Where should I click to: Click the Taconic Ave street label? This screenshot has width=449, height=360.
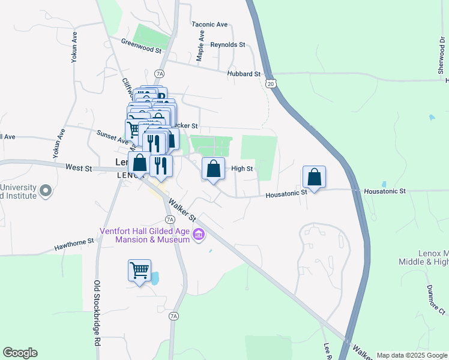pyautogui.click(x=209, y=25)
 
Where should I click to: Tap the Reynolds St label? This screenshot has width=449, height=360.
pyautogui.click(x=228, y=45)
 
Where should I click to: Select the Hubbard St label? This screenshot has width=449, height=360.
pyautogui.click(x=243, y=74)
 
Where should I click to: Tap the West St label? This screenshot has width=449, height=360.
pyautogui.click(x=79, y=167)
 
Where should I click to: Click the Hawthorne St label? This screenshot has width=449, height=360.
pyautogui.click(x=74, y=242)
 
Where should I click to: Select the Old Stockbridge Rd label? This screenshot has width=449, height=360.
pyautogui.click(x=97, y=311)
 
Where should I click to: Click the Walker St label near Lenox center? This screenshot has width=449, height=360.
pyautogui.click(x=182, y=209)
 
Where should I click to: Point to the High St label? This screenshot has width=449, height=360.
pyautogui.click(x=242, y=169)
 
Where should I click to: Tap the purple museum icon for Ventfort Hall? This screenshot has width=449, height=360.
pyautogui.click(x=198, y=238)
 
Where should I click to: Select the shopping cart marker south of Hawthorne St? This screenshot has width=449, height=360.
pyautogui.click(x=139, y=271)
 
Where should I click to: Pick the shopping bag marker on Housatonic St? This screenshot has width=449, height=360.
pyautogui.click(x=314, y=177)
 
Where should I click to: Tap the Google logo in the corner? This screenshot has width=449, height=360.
pyautogui.click(x=20, y=353)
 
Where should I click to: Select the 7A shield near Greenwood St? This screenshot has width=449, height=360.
pyautogui.click(x=159, y=74)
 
